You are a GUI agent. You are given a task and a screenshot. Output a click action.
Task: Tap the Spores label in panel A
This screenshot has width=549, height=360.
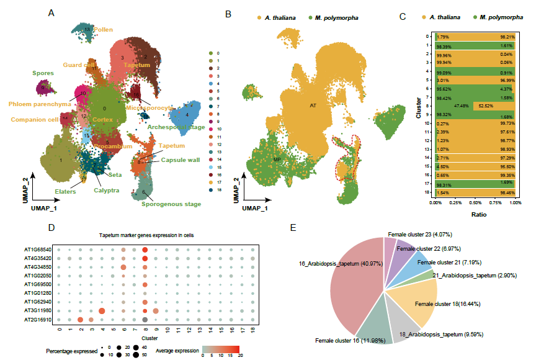[43, 73]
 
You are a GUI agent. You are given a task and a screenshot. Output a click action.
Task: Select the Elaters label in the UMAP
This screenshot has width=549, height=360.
[65, 192]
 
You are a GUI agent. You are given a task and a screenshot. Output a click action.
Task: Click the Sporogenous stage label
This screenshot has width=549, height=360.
[171, 204]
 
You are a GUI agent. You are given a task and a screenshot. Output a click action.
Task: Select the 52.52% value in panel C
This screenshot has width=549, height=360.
[483, 106]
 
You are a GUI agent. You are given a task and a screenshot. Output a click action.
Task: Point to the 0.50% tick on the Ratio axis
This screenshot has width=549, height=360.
[475, 203]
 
